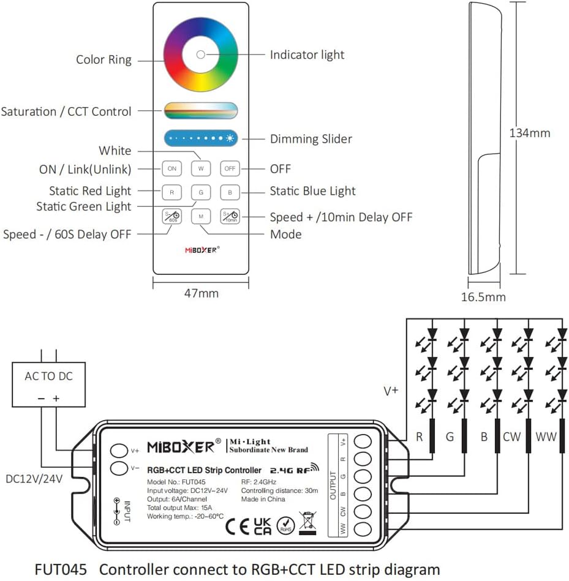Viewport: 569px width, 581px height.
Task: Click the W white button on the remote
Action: pos(200,168)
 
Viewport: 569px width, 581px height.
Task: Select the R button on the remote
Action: pos(171,192)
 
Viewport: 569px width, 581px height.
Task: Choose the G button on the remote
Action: pos(200,192)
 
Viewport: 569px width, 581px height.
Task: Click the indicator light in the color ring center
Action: pos(200,54)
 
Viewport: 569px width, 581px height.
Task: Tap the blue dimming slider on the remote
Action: pos(200,138)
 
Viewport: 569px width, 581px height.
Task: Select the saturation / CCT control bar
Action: pos(200,111)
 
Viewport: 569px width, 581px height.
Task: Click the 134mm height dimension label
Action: pos(530,133)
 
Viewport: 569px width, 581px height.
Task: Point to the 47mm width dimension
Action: pos(200,293)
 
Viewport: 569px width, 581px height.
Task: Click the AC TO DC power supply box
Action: pos(49,384)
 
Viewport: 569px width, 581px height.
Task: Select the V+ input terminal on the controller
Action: pos(119,451)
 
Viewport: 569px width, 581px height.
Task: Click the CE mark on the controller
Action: pos(238,527)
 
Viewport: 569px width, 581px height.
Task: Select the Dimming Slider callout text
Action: pos(311,139)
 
